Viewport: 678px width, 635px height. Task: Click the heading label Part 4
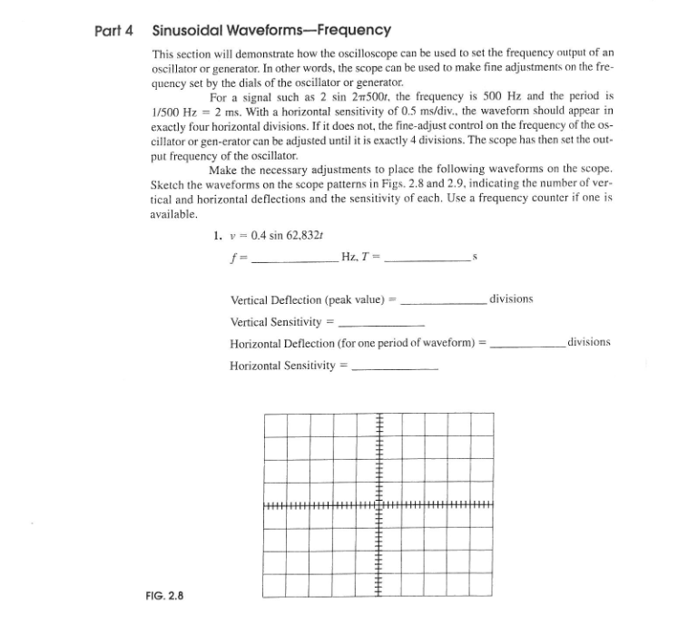pos(114,31)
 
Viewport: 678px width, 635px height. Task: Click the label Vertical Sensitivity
pos(276,322)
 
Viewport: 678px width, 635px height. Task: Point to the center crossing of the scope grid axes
pos(379,504)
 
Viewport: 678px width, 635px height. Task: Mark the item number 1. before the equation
pos(217,236)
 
